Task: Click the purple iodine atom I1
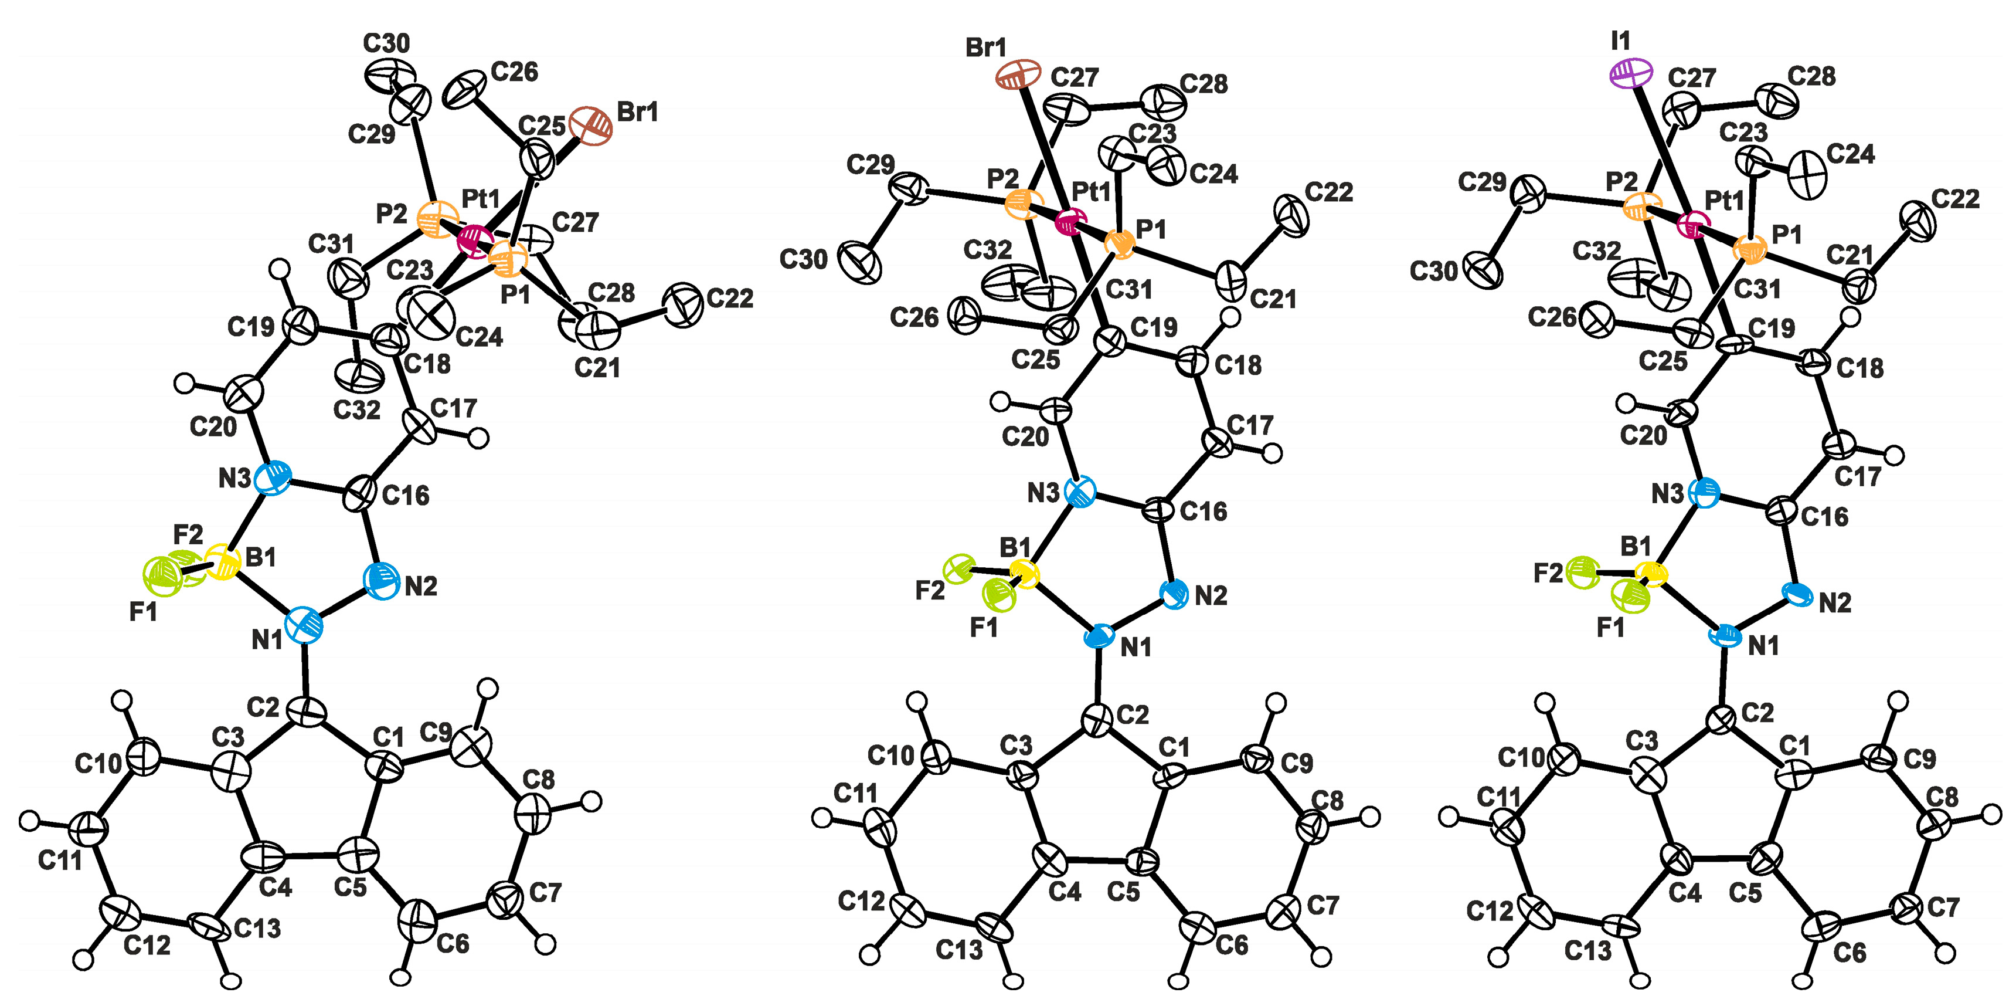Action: click(1631, 73)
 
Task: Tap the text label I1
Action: click(1620, 40)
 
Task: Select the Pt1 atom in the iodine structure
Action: click(1694, 226)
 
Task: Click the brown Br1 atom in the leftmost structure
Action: click(591, 126)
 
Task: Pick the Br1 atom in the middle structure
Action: click(1018, 76)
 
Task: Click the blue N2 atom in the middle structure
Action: click(1174, 595)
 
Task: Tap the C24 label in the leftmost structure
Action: click(479, 337)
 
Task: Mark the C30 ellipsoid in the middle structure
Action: click(859, 262)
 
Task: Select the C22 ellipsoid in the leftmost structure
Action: click(682, 304)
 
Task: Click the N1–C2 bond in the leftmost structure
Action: click(304, 672)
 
